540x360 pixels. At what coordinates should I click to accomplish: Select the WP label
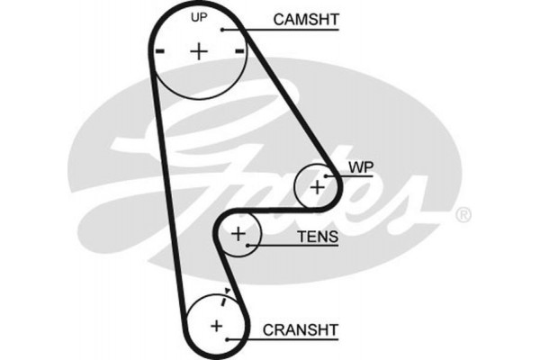pos(361,167)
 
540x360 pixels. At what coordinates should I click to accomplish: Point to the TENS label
pos(317,238)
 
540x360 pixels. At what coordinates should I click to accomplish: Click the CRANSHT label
pos(301,329)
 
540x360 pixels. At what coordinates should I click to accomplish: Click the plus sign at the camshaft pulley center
pos(198,51)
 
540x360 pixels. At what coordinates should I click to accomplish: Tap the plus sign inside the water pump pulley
pos(317,186)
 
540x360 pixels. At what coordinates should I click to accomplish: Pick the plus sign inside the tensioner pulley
pos(238,234)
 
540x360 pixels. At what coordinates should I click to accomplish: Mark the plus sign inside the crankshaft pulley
pos(216,324)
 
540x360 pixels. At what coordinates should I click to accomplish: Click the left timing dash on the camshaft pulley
pos(159,52)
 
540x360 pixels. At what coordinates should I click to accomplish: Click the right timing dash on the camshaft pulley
pos(238,52)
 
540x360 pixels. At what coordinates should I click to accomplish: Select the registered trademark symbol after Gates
pos(463,215)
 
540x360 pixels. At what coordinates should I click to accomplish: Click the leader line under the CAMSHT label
pos(288,30)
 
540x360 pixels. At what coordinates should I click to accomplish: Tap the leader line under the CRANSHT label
pos(288,340)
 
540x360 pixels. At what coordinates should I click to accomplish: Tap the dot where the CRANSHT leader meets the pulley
pos(231,340)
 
